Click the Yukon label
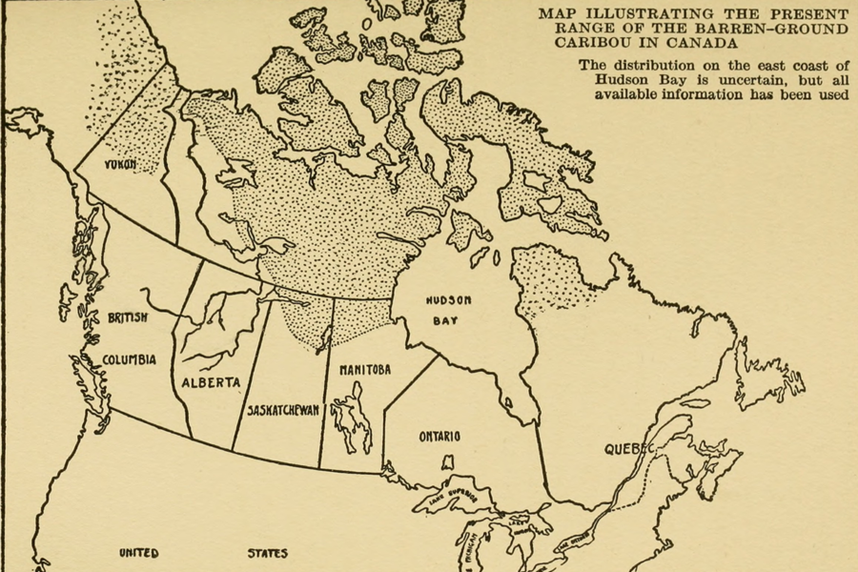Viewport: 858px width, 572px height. (x=121, y=164)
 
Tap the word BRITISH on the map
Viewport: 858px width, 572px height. (x=128, y=317)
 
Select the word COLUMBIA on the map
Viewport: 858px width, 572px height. (x=129, y=358)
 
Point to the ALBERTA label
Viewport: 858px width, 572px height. (x=211, y=381)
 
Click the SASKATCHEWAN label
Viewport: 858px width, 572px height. (x=282, y=410)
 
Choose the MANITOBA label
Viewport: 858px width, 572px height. (x=365, y=369)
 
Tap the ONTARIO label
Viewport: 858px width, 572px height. (x=439, y=437)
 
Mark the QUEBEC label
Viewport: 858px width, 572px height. (x=628, y=448)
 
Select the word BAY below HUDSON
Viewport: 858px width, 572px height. (x=445, y=321)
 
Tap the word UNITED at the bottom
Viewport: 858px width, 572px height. (x=138, y=553)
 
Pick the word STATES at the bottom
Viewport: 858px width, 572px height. (x=267, y=553)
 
